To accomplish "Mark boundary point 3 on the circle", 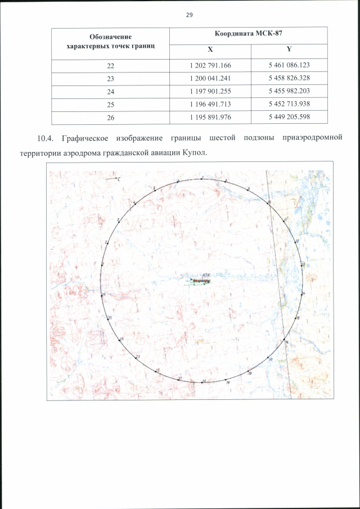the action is point(119,220).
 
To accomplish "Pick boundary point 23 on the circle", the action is point(137,357).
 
